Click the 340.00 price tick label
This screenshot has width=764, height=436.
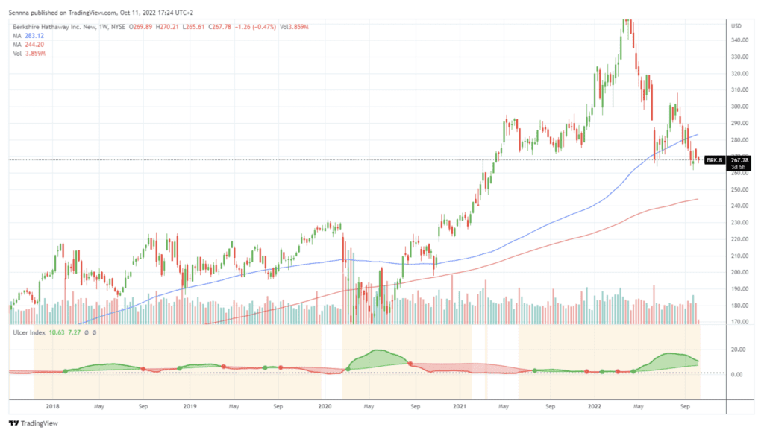(x=741, y=40)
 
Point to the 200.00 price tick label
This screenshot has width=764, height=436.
(x=741, y=272)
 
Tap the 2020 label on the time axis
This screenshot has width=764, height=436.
(x=325, y=407)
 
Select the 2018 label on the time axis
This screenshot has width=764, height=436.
(x=52, y=407)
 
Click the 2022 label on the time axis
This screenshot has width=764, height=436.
(x=595, y=407)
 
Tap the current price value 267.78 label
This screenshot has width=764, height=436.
(x=740, y=159)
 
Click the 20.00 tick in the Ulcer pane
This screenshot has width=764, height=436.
(x=739, y=349)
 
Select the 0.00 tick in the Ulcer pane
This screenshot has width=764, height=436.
(x=739, y=374)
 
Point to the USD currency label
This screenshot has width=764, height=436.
(x=737, y=25)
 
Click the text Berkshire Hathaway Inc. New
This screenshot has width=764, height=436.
(x=50, y=26)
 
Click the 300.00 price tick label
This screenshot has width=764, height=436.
(x=741, y=107)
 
